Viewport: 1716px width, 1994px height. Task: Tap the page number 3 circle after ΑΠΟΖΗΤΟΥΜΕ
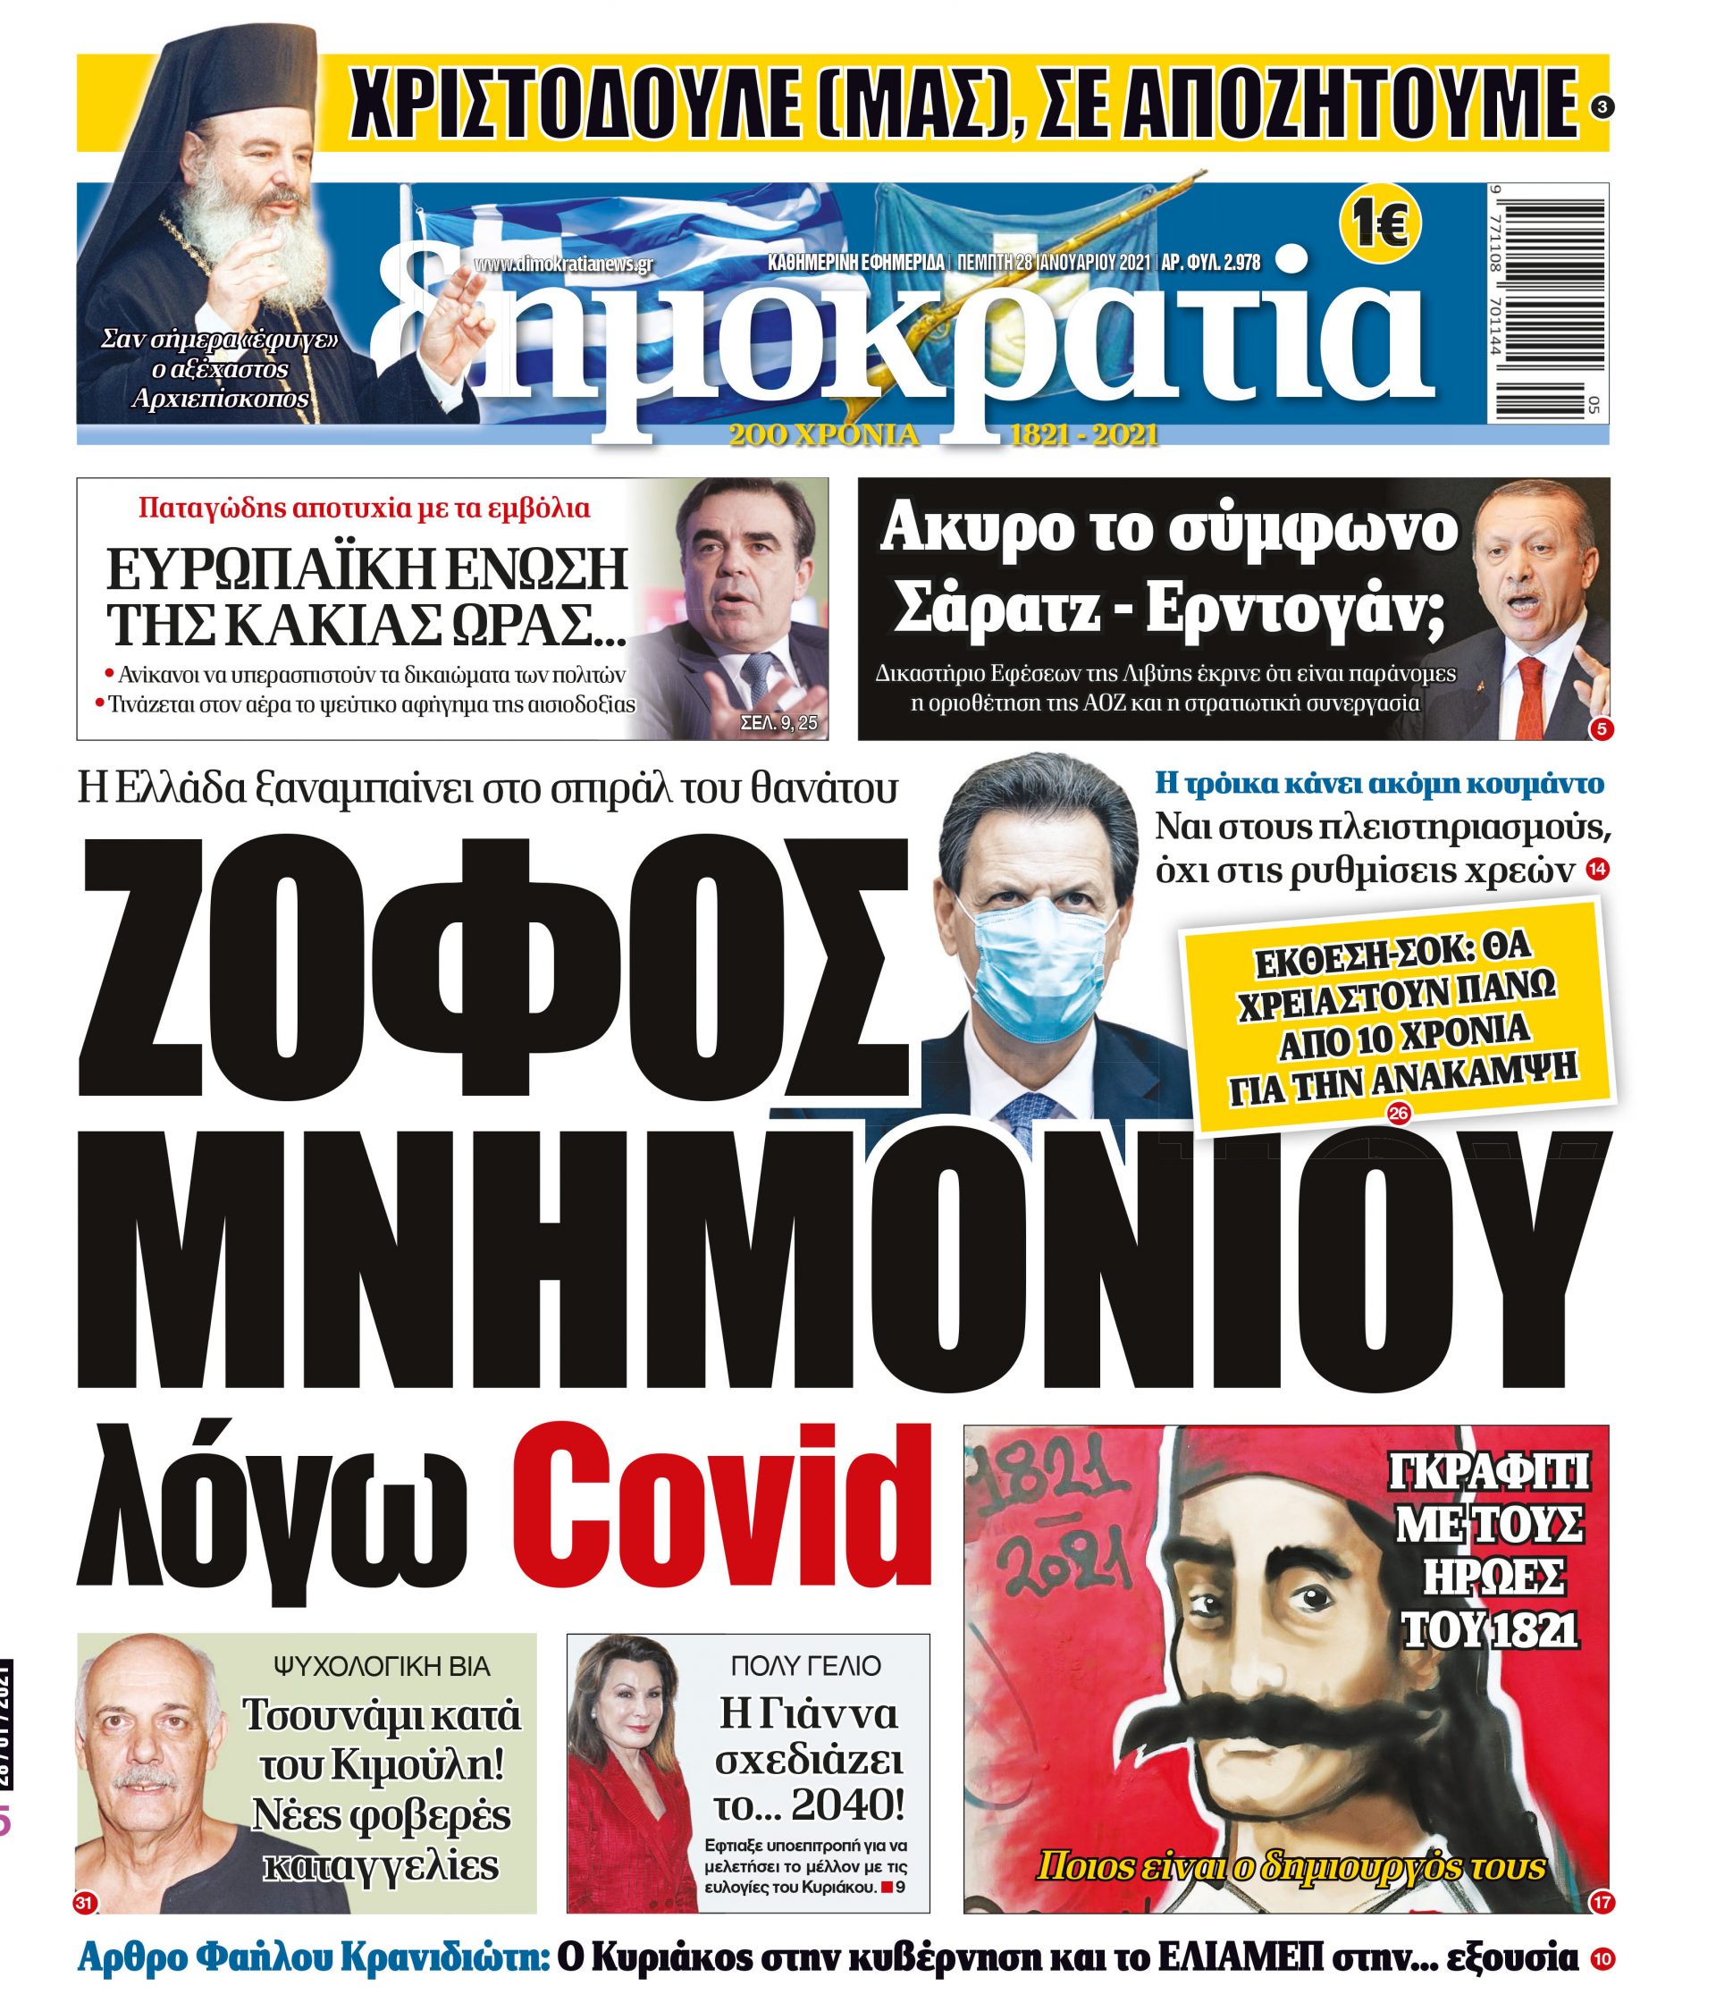pos(1600,110)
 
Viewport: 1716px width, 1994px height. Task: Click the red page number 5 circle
pos(1601,729)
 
